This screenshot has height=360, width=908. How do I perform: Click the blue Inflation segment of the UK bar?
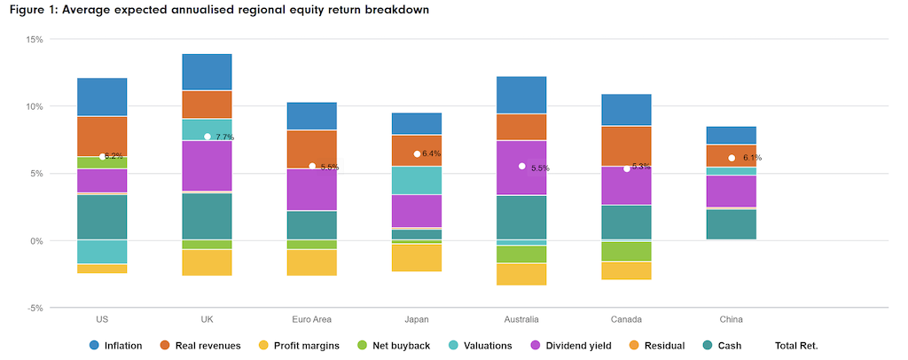(x=207, y=72)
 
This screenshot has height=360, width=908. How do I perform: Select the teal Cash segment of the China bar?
(x=731, y=224)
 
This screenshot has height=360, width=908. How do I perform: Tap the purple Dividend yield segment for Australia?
(x=521, y=168)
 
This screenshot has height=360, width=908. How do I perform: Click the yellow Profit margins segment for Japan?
(x=417, y=257)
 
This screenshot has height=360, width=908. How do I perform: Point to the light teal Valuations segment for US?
(x=102, y=252)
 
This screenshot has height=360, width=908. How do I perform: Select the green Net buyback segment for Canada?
(x=626, y=251)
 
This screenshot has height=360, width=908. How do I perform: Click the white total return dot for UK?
(x=207, y=137)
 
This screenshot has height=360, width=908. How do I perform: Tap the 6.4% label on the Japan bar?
(x=432, y=153)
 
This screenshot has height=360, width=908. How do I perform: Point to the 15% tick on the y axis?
(x=35, y=39)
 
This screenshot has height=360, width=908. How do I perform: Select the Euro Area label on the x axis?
(x=312, y=319)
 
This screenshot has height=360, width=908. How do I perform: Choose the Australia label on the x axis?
(x=521, y=319)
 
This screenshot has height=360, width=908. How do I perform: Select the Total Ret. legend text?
(x=795, y=345)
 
